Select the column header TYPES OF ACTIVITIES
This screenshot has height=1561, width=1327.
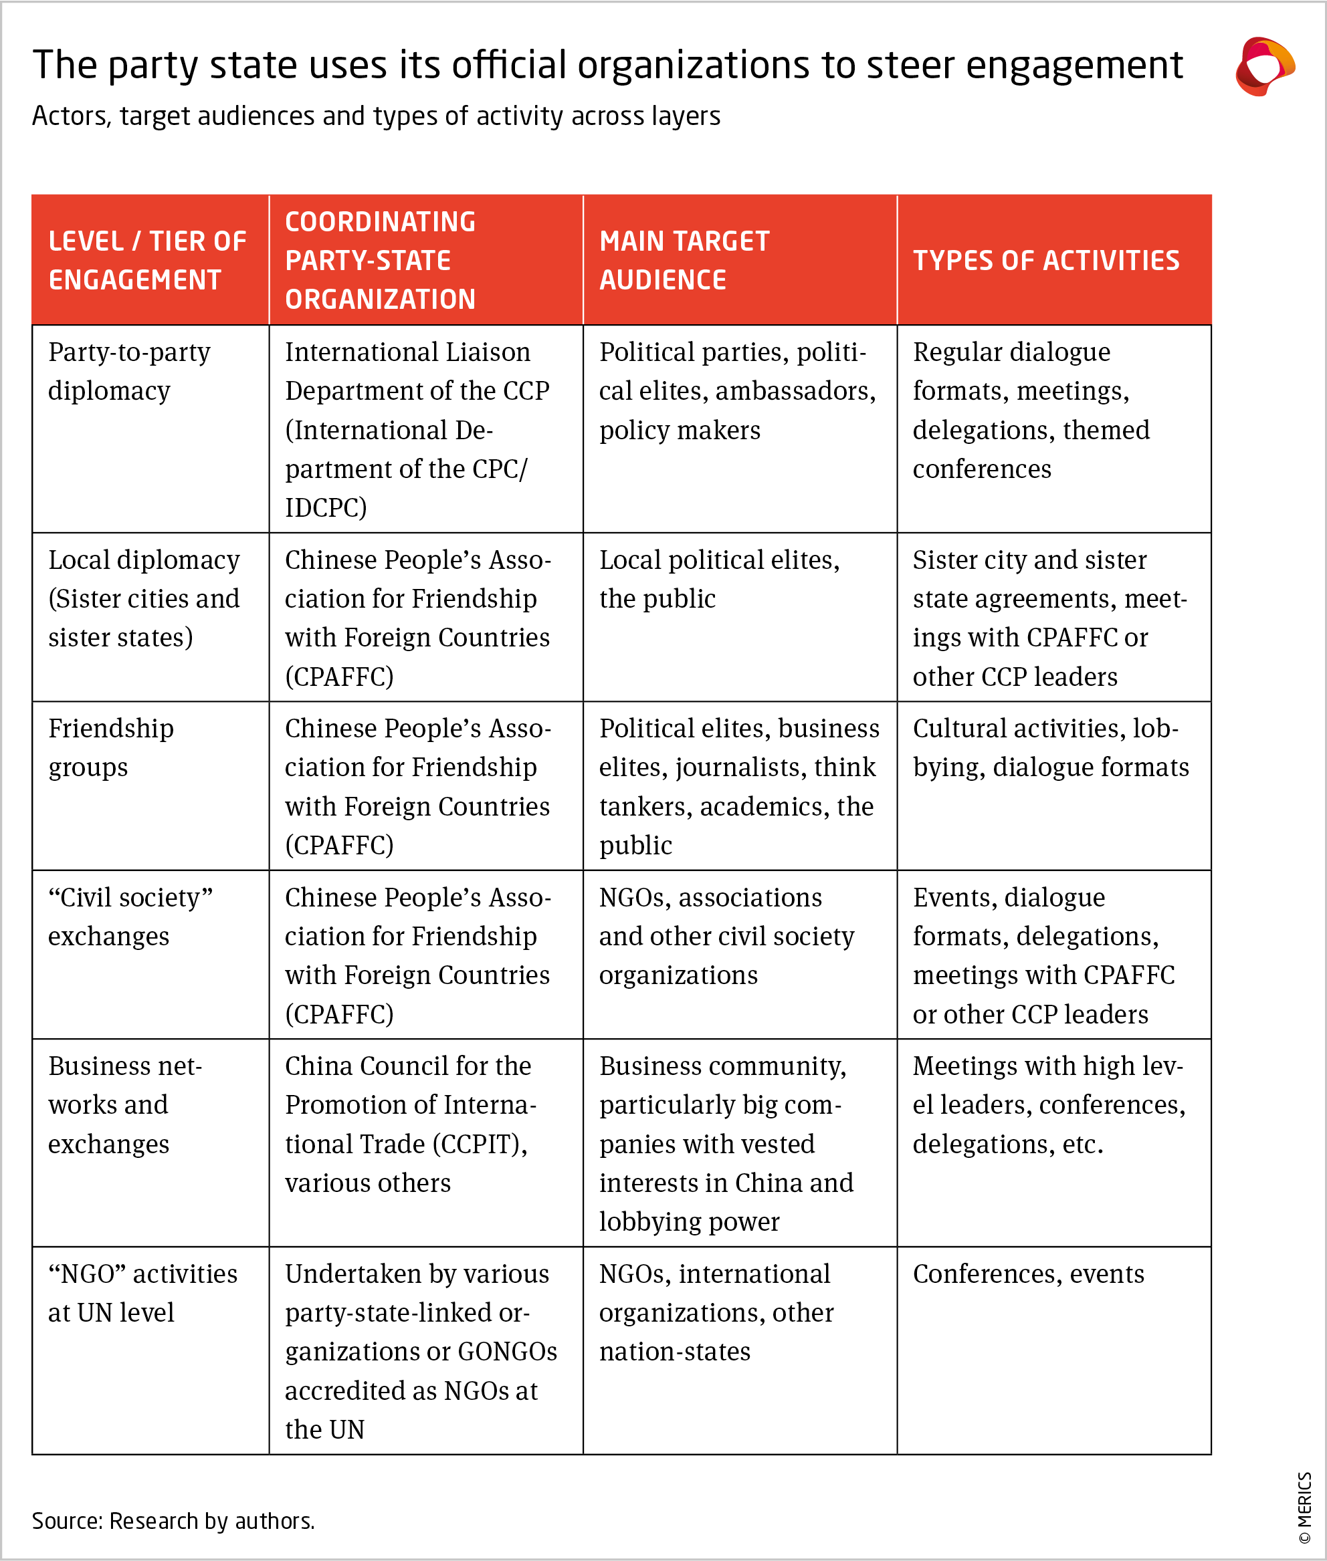[x=1045, y=260]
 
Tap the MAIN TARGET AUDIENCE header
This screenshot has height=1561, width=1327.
[x=684, y=260]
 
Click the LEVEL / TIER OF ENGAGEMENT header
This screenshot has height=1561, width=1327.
[x=147, y=260]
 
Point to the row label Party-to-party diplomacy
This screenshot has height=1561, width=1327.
[x=128, y=372]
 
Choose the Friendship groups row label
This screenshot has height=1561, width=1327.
[x=110, y=747]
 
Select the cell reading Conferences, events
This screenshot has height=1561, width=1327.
[x=1027, y=1274]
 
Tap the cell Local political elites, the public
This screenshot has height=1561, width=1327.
[x=718, y=579]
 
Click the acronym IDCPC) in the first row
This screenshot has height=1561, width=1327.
[x=326, y=507]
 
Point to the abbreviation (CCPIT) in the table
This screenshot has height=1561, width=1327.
[x=479, y=1144]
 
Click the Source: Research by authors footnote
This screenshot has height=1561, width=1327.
[x=173, y=1520]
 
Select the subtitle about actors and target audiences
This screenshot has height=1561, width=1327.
[x=376, y=116]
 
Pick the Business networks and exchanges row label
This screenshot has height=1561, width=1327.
[x=125, y=1104]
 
